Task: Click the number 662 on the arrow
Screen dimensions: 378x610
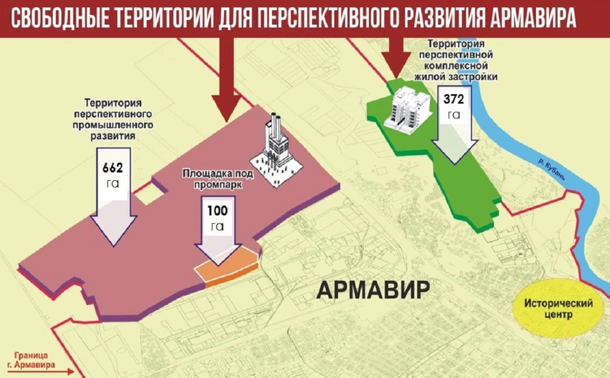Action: (x=113, y=168)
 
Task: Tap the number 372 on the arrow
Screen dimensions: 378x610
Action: (x=453, y=99)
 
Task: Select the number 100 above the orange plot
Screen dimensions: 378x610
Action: (x=217, y=211)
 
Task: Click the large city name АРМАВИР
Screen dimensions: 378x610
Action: (x=373, y=290)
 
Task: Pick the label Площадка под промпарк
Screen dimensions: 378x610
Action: (x=217, y=178)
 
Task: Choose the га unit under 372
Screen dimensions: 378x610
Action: (x=453, y=114)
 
